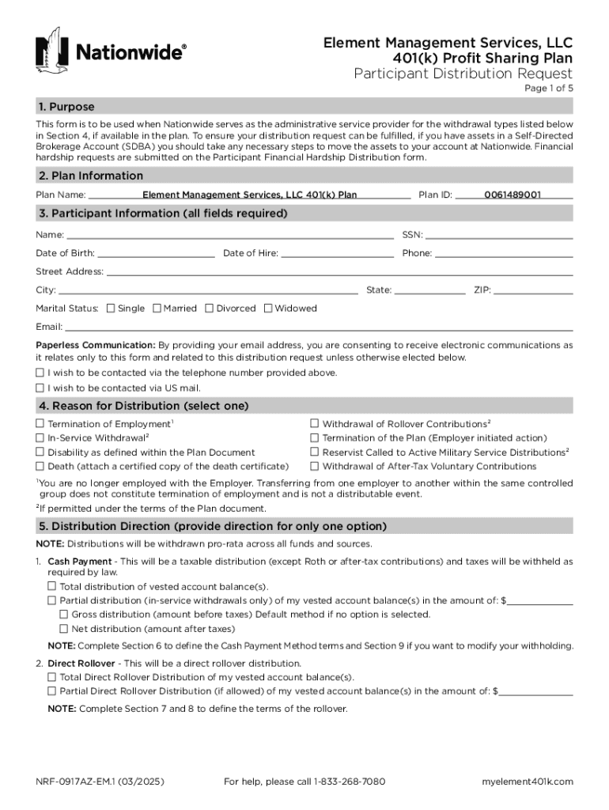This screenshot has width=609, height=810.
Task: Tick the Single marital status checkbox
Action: coord(111,308)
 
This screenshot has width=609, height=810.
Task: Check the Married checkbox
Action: coord(157,308)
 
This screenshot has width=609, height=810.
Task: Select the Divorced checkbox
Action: coord(210,308)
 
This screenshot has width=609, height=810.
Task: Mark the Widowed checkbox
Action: coord(268,308)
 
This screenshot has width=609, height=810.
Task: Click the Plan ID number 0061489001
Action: coord(513,195)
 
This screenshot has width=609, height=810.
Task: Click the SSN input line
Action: coord(499,234)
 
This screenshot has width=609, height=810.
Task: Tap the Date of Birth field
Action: coord(156,253)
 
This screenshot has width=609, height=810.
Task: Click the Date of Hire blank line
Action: coord(337,253)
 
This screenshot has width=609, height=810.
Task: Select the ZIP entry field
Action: coord(533,290)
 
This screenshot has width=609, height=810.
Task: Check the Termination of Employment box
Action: coord(40,424)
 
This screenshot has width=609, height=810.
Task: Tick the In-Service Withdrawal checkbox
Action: coord(40,437)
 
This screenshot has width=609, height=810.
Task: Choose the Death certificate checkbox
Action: coord(40,466)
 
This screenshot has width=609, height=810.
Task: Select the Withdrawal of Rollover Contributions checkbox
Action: coord(315,424)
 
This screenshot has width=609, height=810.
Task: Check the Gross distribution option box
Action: coord(64,614)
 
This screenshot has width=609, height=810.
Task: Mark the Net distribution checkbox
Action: coord(64,628)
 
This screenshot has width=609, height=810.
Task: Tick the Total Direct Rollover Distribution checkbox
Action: coord(52,677)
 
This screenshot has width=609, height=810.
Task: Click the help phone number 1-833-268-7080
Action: coord(349,782)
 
